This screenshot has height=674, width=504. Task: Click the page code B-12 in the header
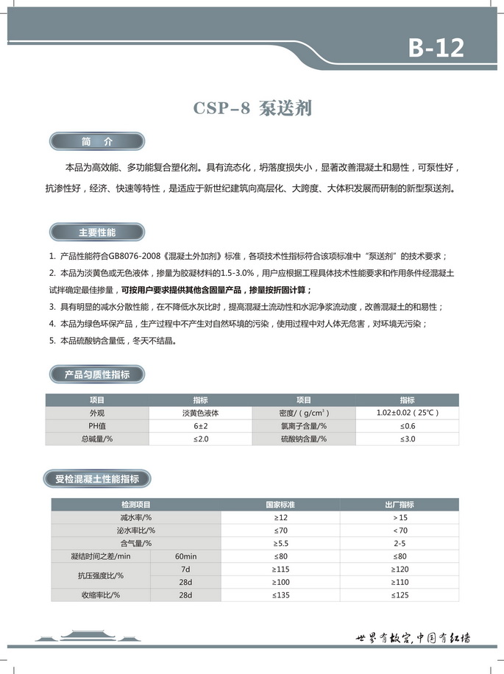tap(436, 48)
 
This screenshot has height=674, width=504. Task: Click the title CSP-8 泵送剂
tap(253, 108)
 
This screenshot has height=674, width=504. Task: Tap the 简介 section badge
tap(96, 141)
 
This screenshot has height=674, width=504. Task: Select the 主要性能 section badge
tap(96, 233)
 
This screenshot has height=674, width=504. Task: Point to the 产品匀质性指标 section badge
tap(96, 374)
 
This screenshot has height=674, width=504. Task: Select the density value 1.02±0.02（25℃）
tap(407, 413)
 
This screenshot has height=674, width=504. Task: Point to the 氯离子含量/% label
tap(303, 426)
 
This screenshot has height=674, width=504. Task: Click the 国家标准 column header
tap(280, 505)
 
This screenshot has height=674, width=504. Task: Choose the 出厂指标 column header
tap(400, 505)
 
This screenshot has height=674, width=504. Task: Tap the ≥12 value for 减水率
tap(280, 518)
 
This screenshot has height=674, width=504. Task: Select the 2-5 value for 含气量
tap(400, 543)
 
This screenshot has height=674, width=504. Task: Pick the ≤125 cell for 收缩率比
tap(400, 595)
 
